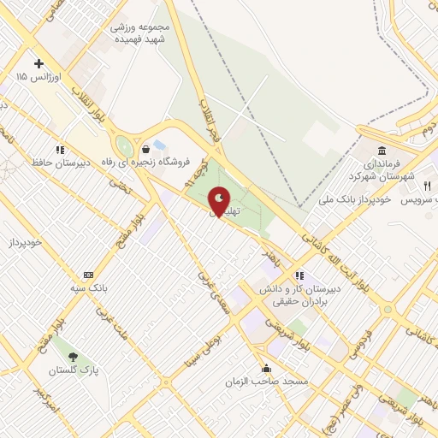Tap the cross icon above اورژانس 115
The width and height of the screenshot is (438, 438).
coord(38,63)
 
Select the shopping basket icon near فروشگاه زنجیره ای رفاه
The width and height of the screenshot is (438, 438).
coord(146,148)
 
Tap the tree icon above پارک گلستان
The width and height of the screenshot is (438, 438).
coord(72,357)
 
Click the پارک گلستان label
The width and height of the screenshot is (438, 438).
coord(72,371)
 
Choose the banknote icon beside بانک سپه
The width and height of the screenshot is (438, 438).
coord(88,275)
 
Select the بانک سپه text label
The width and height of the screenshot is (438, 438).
coord(88,288)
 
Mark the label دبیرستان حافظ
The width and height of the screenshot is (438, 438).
coord(60,162)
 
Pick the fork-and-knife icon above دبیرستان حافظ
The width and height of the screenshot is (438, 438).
coord(59,148)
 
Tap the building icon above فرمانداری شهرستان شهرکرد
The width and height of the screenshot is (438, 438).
coord(380,150)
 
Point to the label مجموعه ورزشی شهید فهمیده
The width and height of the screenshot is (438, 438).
coord(141,33)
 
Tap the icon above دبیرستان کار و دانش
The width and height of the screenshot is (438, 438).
coord(299,275)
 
